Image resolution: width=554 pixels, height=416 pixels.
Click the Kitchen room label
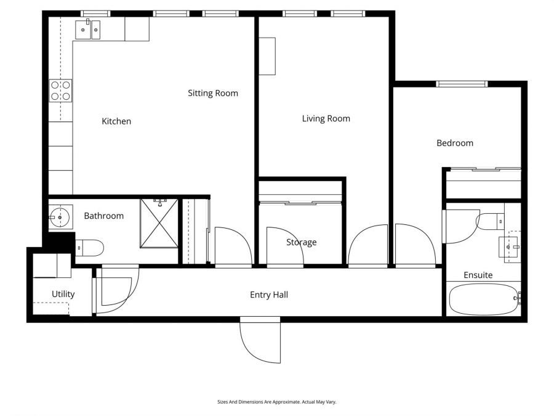(116, 121)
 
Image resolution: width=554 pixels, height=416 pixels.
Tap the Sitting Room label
(212, 93)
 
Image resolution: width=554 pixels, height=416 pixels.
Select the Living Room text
(326, 118)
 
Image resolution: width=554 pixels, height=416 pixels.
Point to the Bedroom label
(455, 143)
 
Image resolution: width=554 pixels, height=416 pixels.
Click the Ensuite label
(478, 275)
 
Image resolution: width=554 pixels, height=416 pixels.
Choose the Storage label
(301, 242)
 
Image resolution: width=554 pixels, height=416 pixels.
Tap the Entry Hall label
(269, 295)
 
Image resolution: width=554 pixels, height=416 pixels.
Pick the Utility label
(63, 294)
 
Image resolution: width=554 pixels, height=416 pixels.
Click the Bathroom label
(103, 216)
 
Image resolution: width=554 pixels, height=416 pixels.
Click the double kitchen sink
(87, 28)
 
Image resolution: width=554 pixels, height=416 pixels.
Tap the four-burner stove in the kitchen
(60, 91)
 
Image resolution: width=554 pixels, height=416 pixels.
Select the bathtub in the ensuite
(483, 299)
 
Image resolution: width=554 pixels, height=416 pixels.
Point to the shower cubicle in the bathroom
(159, 223)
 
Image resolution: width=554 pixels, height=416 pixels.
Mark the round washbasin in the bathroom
(61, 218)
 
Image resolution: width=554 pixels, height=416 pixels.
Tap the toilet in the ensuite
(491, 221)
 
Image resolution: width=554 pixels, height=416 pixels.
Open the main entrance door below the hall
(260, 340)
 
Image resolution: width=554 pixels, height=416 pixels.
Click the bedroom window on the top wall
(462, 84)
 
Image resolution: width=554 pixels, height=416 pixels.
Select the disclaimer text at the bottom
(276, 402)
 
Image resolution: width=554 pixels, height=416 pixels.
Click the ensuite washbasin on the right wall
(510, 247)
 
